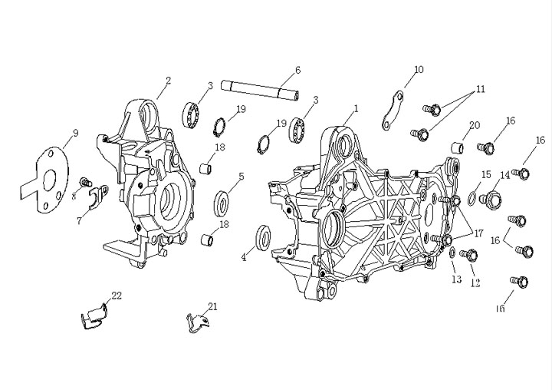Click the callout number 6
(x=297, y=70)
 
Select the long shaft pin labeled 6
(x=260, y=91)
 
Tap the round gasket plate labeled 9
(x=44, y=180)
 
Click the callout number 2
(x=168, y=81)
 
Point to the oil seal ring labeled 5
(x=221, y=203)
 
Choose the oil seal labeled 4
(x=263, y=237)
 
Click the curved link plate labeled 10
(x=393, y=110)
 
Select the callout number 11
(x=481, y=89)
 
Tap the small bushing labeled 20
(x=457, y=147)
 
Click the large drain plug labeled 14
(x=491, y=200)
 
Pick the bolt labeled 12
(x=469, y=255)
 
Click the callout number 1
(x=356, y=108)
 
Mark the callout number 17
(x=478, y=233)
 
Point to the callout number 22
(x=117, y=296)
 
